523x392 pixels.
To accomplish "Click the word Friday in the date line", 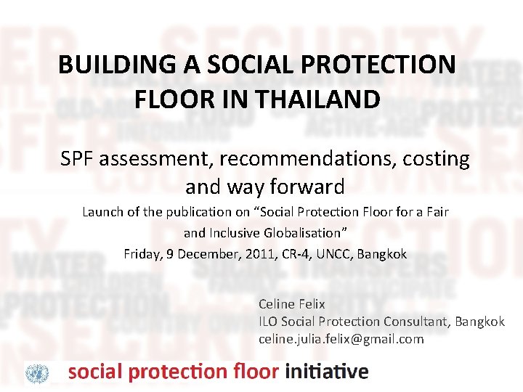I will pyautogui.click(x=143, y=254).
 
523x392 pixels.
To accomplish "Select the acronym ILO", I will pyautogui.click(x=268, y=322).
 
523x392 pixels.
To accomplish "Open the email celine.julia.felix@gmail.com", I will pyautogui.click(x=341, y=339).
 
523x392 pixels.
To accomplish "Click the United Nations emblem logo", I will pyautogui.click(x=37, y=373).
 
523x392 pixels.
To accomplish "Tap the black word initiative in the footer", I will pyautogui.click(x=327, y=372).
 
